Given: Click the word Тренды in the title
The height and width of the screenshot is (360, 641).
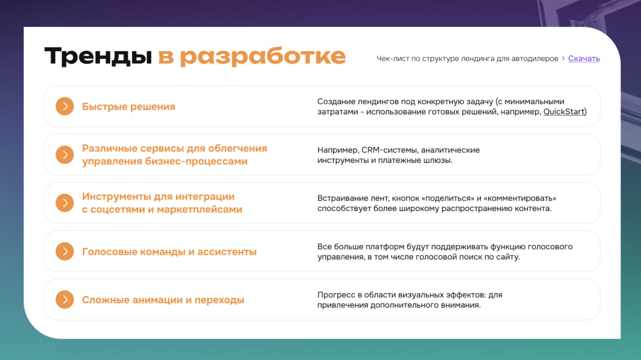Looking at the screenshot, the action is click(98, 56).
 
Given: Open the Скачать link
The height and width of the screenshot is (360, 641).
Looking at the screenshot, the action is click(584, 58).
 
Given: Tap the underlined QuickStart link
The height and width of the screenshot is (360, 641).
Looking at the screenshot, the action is click(563, 112).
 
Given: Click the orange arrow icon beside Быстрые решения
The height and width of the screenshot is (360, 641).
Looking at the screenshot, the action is click(65, 106).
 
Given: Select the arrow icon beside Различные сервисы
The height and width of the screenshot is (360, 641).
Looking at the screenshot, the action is click(65, 155).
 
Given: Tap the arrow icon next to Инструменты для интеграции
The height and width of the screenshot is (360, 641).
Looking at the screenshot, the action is click(65, 203).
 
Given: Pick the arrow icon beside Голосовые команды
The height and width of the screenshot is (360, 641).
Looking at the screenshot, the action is click(65, 251).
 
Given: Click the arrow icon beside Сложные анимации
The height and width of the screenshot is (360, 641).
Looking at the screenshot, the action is click(65, 300).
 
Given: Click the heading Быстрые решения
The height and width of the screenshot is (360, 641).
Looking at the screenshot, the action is click(129, 106).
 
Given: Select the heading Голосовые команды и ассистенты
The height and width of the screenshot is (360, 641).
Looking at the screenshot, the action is click(169, 252).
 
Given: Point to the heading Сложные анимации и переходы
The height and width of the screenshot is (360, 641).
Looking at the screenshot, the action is click(163, 300).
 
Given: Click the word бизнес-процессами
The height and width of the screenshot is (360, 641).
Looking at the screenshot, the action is click(196, 161).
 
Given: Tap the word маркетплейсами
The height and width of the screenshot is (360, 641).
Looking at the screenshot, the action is click(200, 210).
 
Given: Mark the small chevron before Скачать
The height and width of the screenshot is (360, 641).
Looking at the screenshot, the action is click(563, 58).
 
